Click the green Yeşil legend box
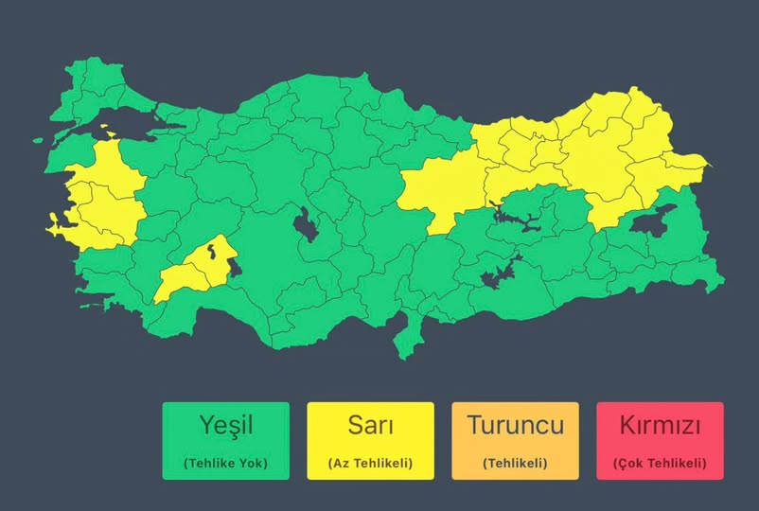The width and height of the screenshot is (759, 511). tap(225, 441)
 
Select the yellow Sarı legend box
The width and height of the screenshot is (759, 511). tap(370, 441)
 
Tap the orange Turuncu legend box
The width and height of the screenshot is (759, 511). tap(515, 441)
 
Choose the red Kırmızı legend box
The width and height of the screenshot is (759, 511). tap(660, 441)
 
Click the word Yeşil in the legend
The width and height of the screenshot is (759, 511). tap(225, 425)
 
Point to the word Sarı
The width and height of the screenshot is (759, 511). tap(370, 425)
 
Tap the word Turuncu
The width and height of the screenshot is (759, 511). tap(515, 425)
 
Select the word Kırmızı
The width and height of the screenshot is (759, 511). tap(660, 425)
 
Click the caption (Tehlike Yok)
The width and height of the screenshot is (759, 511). tap(225, 463)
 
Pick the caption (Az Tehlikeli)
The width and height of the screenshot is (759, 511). tap(370, 463)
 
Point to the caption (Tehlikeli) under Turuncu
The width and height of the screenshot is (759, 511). tap(515, 463)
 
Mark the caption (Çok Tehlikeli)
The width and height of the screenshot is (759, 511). tap(660, 463)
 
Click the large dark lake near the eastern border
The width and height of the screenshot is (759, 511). tap(654, 220)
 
